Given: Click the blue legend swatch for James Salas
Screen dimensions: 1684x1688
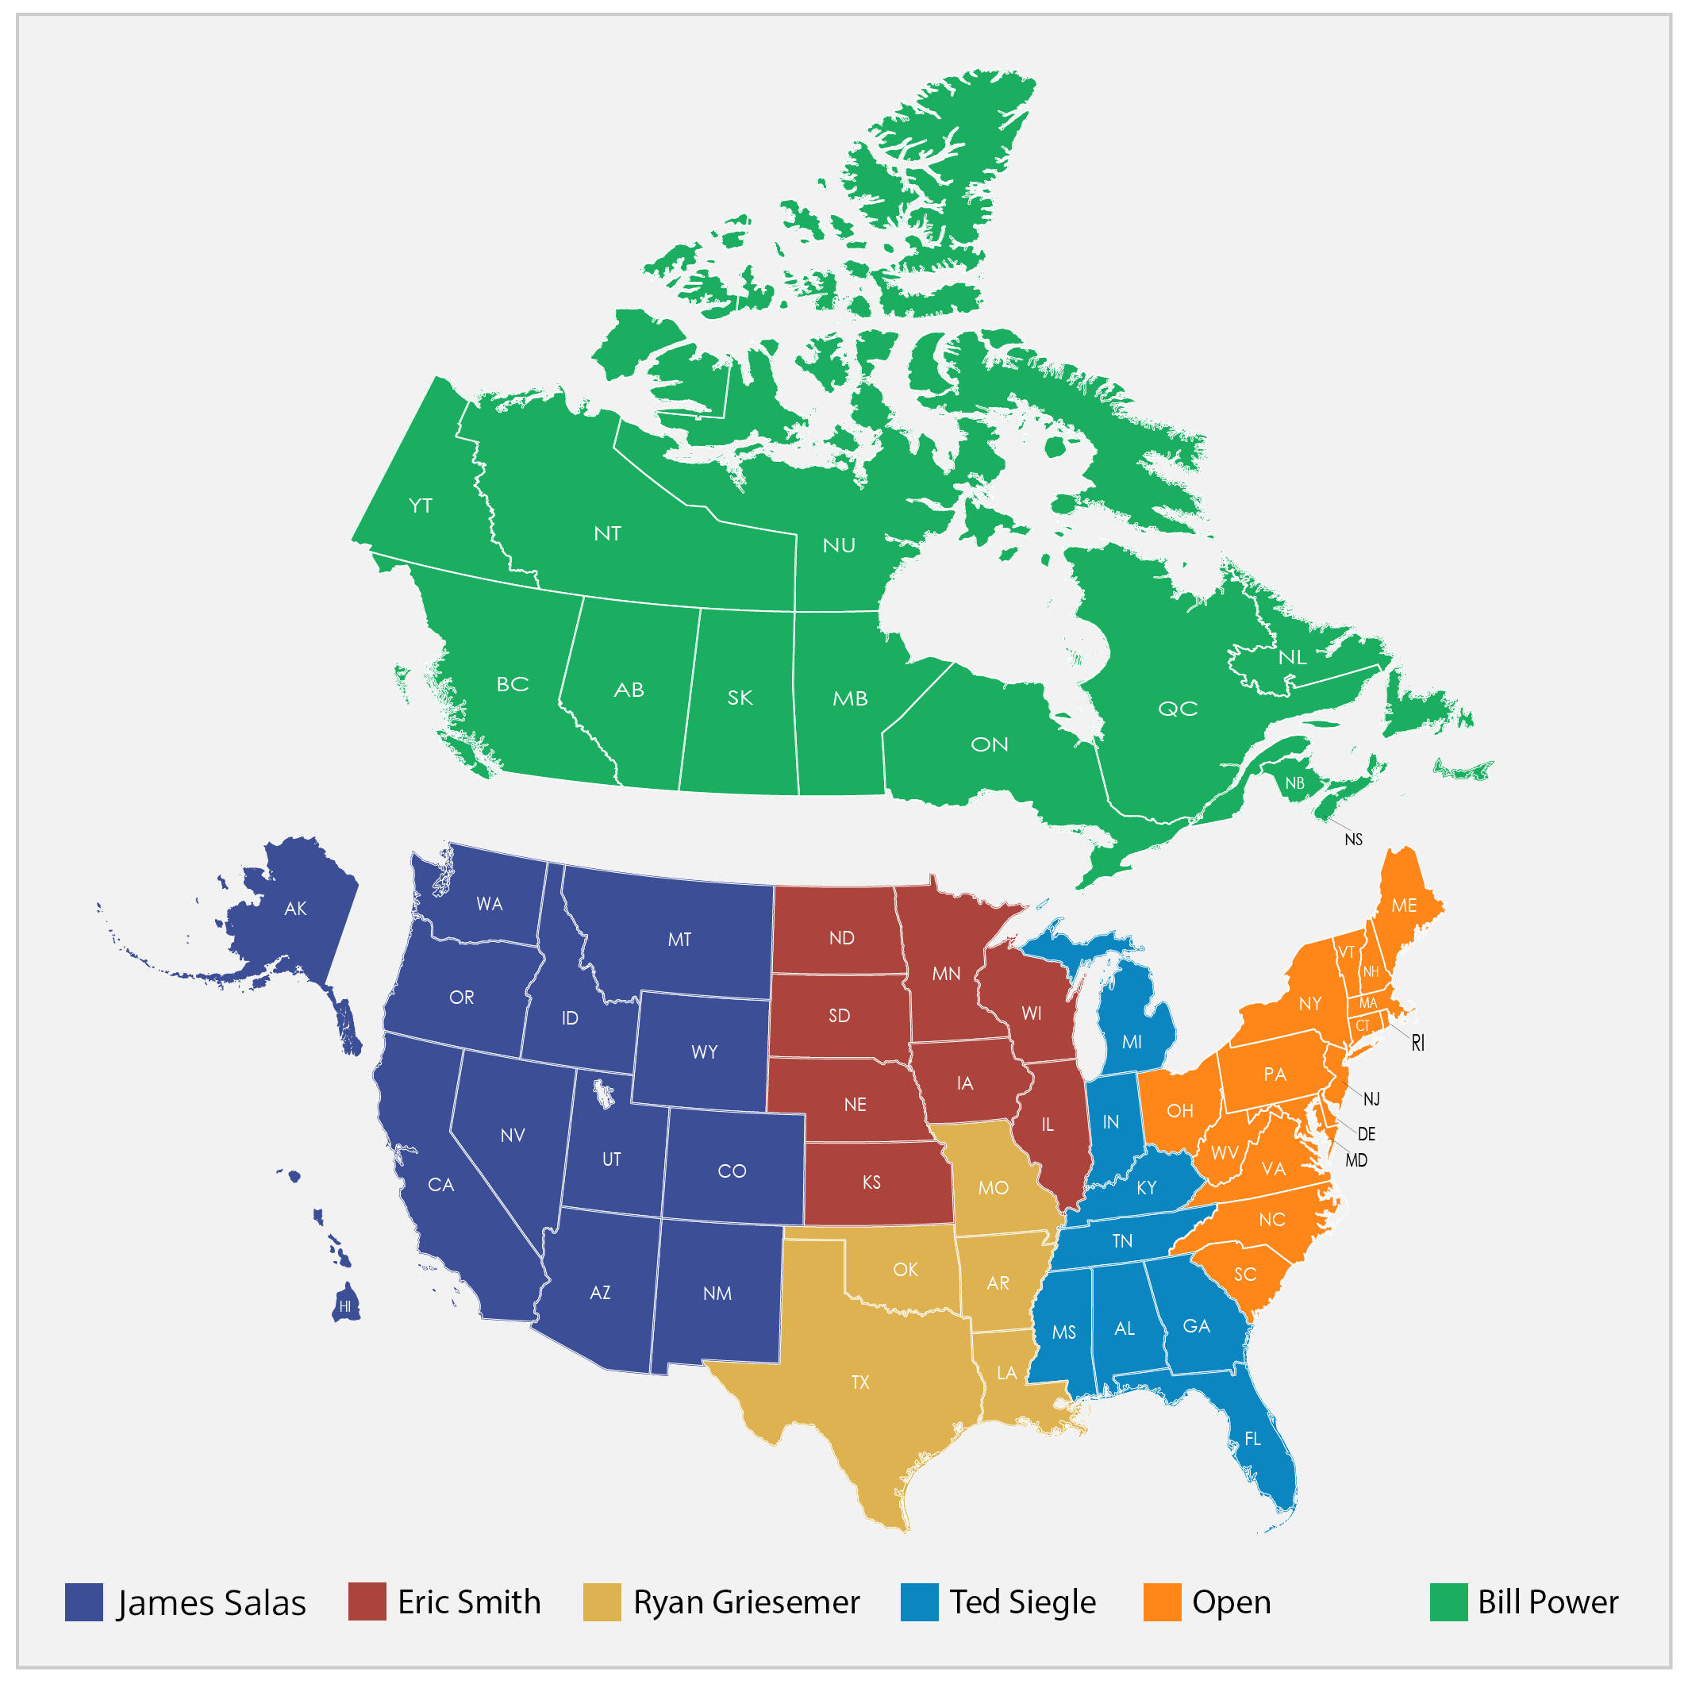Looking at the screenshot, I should [x=84, y=1601].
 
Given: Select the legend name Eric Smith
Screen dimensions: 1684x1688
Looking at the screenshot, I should [x=468, y=1601].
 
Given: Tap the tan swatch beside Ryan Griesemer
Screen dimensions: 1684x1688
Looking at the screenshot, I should [x=602, y=1601].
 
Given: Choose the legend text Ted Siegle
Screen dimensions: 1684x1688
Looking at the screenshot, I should [x=1022, y=1601].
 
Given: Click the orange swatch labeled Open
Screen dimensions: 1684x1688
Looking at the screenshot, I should [x=1162, y=1601].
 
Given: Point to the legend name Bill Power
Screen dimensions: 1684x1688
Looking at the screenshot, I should [x=1548, y=1601].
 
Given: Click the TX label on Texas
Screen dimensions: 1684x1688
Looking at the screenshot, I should [x=860, y=1382].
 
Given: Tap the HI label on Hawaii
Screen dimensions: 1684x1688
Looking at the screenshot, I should [x=345, y=1307].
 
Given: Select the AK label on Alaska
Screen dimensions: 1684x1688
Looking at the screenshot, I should [x=295, y=909].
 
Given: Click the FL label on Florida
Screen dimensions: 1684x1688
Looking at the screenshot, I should [x=1253, y=1439].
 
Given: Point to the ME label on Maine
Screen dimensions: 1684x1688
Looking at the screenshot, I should [x=1404, y=905].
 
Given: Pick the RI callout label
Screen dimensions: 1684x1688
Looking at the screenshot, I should [x=1418, y=1043].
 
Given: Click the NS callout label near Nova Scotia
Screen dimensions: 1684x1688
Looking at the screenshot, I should [x=1353, y=840].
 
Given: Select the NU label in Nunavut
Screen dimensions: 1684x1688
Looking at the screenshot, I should [x=839, y=546].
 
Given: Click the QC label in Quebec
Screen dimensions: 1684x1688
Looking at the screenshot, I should [x=1178, y=709].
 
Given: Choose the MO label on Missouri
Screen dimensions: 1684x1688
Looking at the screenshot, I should [x=994, y=1188].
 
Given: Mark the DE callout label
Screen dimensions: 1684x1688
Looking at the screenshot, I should [x=1367, y=1134].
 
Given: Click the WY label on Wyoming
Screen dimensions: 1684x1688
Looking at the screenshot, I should [x=704, y=1052].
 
